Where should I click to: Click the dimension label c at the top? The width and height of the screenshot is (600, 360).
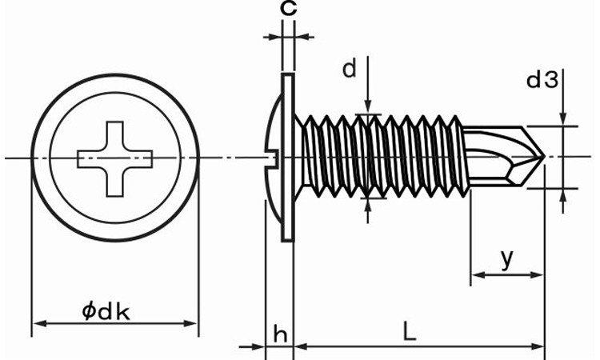pyautogui.click(x=289, y=10)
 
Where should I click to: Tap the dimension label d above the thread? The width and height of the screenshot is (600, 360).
pyautogui.click(x=349, y=70)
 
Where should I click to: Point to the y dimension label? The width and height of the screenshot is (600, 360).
pyautogui.click(x=506, y=258)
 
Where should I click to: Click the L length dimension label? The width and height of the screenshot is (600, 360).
pyautogui.click(x=409, y=332)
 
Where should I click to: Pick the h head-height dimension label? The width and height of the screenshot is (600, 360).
pyautogui.click(x=280, y=334)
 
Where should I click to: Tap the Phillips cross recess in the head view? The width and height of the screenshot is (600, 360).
pyautogui.click(x=114, y=158)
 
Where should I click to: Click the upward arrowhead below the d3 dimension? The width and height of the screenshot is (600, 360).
pyautogui.click(x=564, y=194)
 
